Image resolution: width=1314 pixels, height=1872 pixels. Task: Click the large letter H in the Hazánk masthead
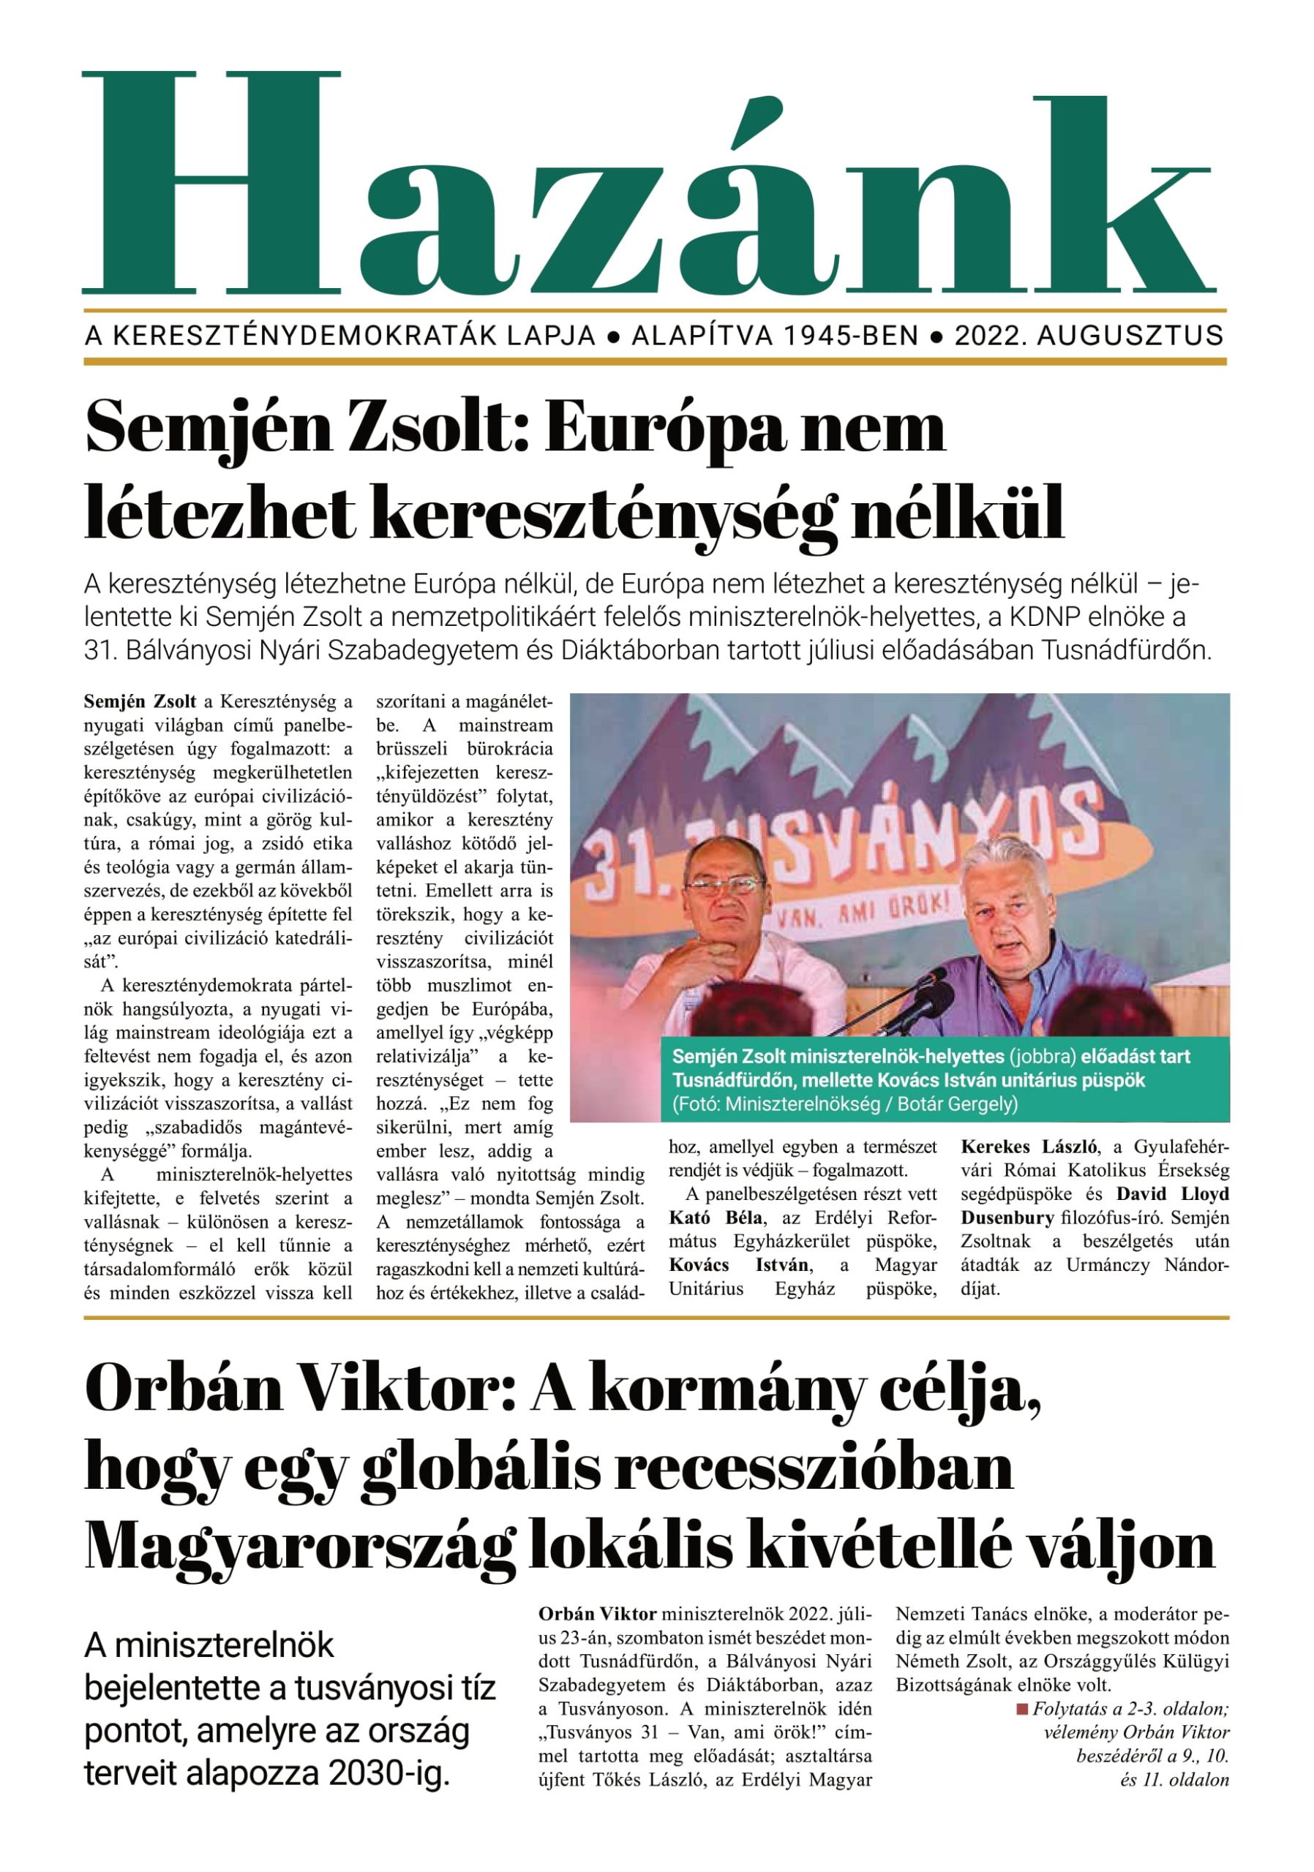(x=211, y=183)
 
